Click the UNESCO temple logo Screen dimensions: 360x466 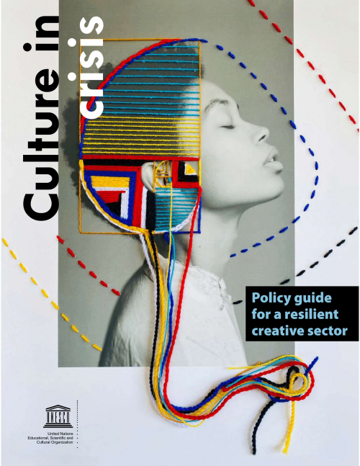coord(58,416)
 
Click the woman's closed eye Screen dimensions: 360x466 coord(228,127)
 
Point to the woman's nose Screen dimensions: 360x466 coord(261,133)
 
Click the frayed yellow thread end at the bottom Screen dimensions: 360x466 coord(285,447)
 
